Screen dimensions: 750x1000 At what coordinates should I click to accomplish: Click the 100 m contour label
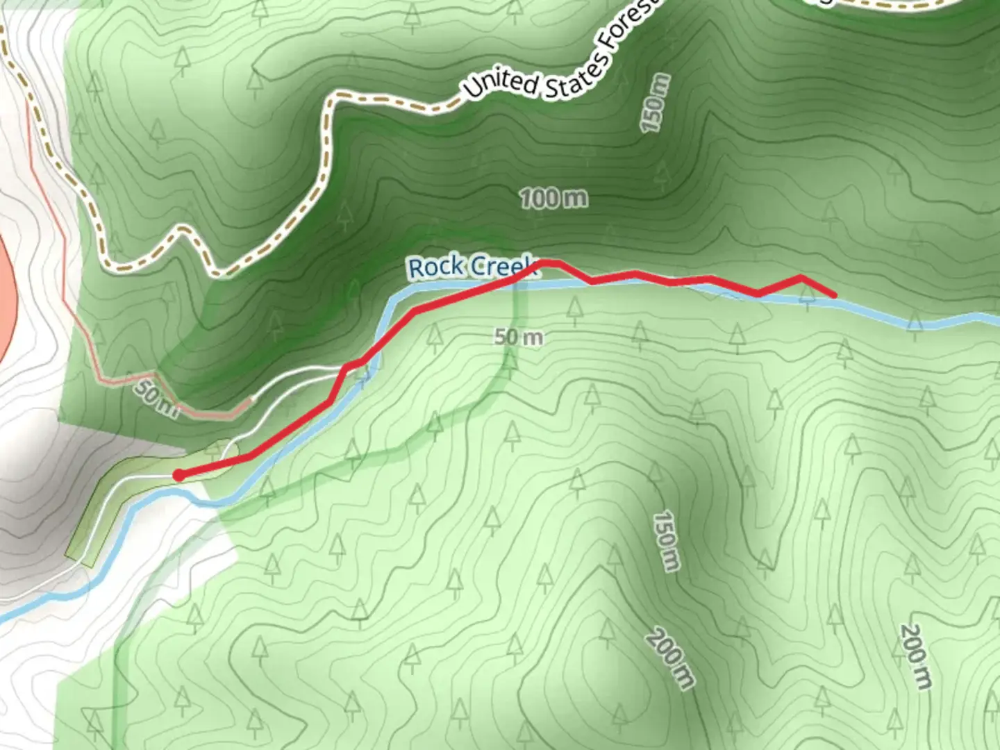553,199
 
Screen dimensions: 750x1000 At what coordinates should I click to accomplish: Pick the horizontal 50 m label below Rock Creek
519,338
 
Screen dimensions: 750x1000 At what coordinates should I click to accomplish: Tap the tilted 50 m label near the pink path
157,400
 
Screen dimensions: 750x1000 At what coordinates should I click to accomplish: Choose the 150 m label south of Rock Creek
665,541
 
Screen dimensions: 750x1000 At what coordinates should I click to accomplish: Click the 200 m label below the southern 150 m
670,659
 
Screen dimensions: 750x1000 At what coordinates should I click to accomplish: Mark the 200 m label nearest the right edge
915,656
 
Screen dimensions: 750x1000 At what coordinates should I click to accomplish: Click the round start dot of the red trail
178,476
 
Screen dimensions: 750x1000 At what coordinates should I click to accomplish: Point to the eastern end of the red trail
833,295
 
